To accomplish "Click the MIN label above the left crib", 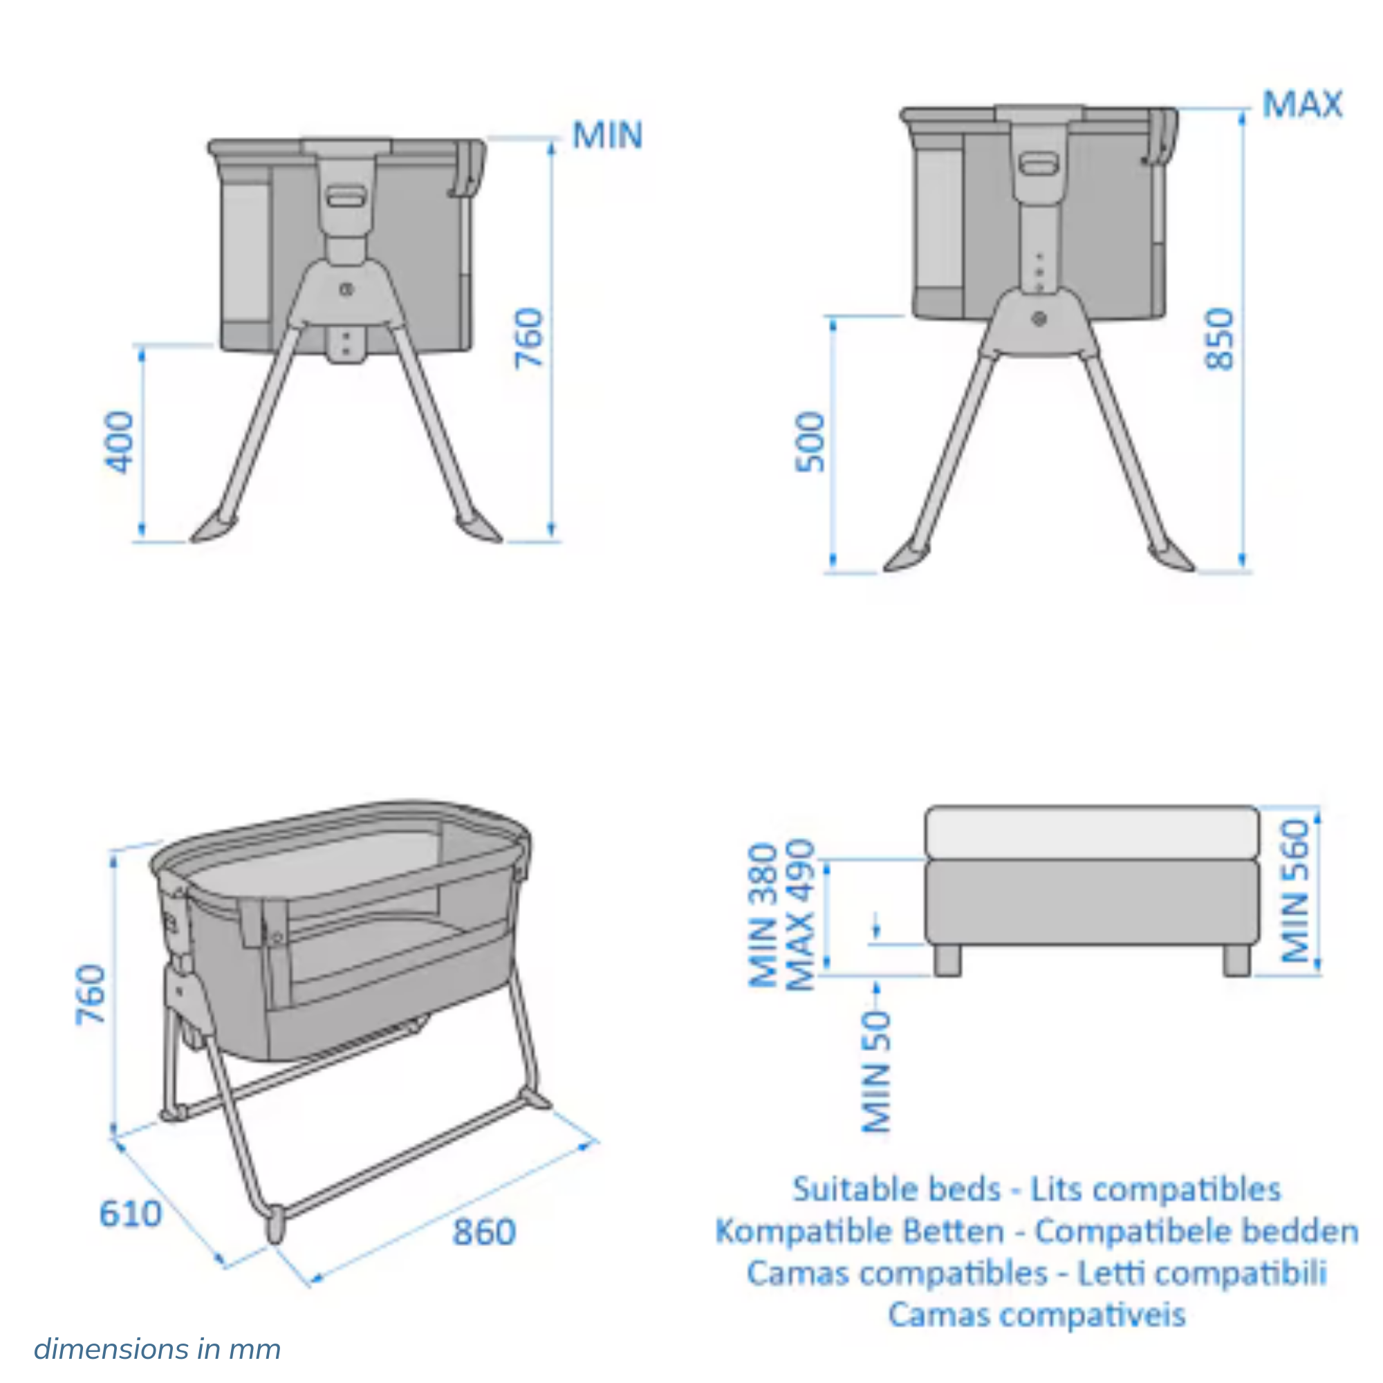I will point(608,136).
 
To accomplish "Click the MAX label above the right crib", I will point(1302,104).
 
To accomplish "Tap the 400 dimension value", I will point(119,442).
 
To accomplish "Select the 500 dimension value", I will point(810,442).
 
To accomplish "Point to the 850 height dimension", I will point(1218,339).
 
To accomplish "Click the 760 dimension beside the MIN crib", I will point(530,338).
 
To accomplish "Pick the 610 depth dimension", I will point(130,1214).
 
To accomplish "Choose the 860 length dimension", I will point(484,1232).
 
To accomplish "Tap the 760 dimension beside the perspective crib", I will point(92,995).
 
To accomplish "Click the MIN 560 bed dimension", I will point(1294,891).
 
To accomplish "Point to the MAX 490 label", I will point(800,916).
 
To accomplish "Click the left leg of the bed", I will point(947,960).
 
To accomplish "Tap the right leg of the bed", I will point(1236,960).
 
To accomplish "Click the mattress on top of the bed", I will point(1092,832).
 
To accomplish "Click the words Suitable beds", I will point(896,1189).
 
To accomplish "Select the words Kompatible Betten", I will point(859,1232).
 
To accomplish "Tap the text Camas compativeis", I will point(1037,1315).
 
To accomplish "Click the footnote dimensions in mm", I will point(157,1349).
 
